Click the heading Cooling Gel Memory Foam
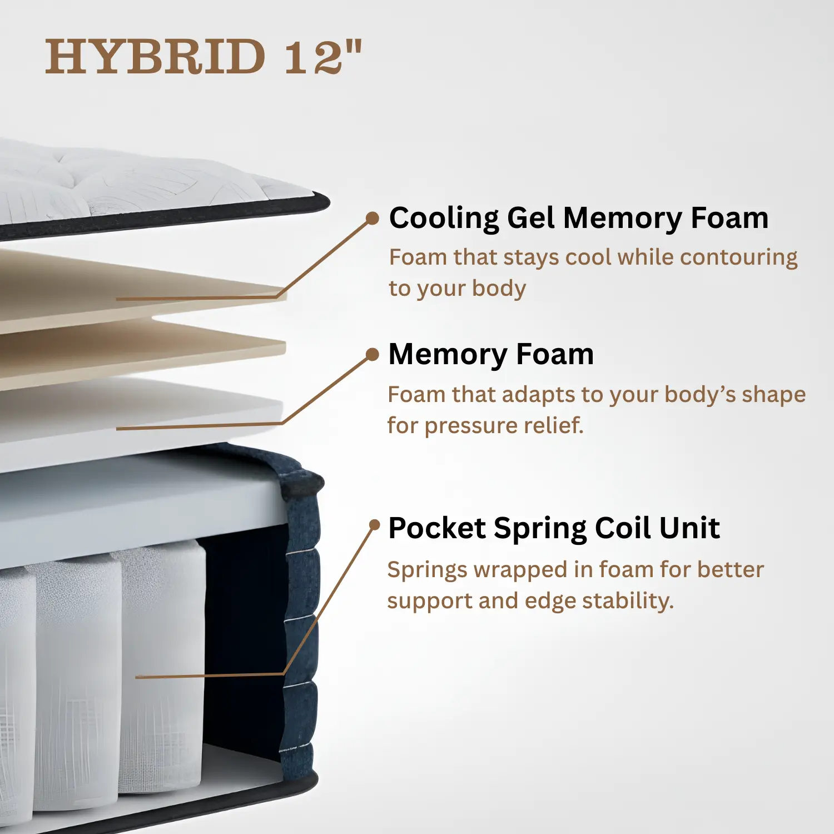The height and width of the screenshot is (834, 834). click(x=579, y=218)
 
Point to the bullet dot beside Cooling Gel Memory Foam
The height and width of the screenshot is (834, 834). click(x=373, y=218)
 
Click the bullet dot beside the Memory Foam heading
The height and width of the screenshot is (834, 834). click(x=373, y=355)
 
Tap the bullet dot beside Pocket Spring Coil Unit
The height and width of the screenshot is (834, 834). click(x=375, y=524)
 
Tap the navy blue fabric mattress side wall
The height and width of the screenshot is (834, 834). click(x=300, y=612)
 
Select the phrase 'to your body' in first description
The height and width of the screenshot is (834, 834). click(x=457, y=289)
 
